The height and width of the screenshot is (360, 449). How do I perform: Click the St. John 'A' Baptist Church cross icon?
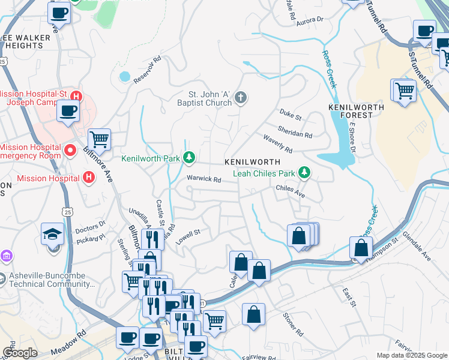click(x=241, y=97)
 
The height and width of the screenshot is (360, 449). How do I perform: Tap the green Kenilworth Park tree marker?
click(x=190, y=158)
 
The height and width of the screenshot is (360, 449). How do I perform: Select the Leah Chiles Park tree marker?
click(x=305, y=173)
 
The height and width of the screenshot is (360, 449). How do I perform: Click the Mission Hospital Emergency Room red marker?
click(x=70, y=149)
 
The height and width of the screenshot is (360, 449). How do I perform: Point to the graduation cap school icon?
click(x=52, y=235)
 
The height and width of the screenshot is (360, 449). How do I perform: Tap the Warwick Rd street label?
click(x=204, y=179)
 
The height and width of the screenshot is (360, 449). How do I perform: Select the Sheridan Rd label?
click(x=295, y=132)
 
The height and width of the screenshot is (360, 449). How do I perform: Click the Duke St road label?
click(x=291, y=113)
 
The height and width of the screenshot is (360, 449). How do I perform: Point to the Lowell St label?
click(x=188, y=232)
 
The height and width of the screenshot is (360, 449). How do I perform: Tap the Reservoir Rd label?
click(x=148, y=70)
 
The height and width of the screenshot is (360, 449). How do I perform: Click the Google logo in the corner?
click(x=20, y=353)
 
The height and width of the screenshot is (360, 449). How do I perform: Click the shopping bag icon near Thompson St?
click(x=361, y=247)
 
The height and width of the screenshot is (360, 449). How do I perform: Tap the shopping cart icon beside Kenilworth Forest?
click(x=405, y=91)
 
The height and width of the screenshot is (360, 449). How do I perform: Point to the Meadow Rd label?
click(x=73, y=339)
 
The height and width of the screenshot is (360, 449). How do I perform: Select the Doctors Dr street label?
click(x=91, y=227)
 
